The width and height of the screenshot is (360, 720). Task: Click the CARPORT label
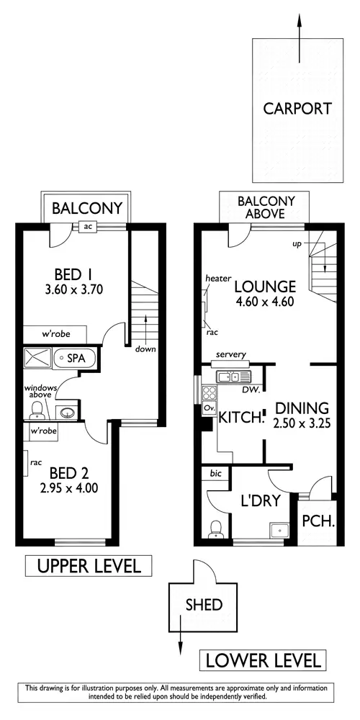(297, 109)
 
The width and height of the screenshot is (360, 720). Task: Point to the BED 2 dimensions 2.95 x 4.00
(68, 487)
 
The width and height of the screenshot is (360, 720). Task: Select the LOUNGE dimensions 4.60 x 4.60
(264, 302)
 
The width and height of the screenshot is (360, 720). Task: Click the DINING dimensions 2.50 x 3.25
(302, 423)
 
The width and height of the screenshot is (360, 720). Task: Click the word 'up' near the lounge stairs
(297, 244)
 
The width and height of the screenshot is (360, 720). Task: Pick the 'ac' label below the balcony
(89, 226)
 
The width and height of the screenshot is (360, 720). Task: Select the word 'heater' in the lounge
(217, 278)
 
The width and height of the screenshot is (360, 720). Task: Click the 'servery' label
(231, 355)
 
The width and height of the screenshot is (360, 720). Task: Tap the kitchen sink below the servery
(230, 376)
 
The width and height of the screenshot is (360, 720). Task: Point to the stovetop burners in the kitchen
(210, 393)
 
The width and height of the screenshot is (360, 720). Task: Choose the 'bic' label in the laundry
(215, 473)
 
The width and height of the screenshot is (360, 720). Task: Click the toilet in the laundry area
(215, 529)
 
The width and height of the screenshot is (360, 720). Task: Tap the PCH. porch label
(317, 521)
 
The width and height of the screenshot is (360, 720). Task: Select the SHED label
(204, 604)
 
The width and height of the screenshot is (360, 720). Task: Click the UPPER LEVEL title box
(89, 565)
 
